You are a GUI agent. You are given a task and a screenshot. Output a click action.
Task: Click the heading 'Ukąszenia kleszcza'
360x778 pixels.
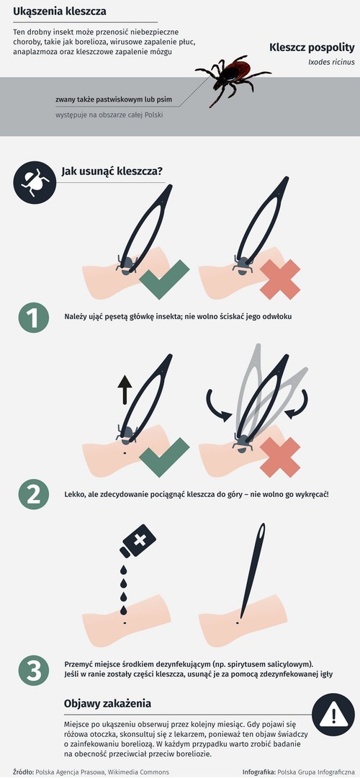point(60,11)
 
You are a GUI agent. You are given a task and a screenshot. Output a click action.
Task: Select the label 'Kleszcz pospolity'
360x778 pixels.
point(312,48)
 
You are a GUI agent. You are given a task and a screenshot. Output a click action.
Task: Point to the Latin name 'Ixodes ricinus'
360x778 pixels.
point(331,62)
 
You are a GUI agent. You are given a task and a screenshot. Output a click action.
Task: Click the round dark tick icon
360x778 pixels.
point(35,182)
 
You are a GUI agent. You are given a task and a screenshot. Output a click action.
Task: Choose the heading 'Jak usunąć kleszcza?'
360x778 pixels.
point(112,171)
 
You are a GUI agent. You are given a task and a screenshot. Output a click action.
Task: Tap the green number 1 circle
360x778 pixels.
point(34,318)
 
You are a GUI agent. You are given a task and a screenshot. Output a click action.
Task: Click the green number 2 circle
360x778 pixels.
point(34,494)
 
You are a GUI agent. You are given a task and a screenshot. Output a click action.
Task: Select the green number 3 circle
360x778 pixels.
point(34,671)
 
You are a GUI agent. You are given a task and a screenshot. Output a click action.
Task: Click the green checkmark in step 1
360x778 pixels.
point(164,279)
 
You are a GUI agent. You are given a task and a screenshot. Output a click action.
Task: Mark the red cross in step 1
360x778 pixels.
point(280,280)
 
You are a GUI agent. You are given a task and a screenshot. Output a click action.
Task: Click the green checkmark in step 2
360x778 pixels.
point(164,457)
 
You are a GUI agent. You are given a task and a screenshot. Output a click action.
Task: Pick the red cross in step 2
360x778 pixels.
point(280,457)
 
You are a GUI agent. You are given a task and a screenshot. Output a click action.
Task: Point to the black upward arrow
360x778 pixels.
point(125,390)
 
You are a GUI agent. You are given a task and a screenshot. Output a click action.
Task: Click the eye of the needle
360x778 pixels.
point(261,533)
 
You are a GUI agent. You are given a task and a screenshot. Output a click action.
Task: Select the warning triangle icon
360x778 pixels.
point(333,715)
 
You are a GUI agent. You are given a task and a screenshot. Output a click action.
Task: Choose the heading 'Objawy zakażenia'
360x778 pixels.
point(107,704)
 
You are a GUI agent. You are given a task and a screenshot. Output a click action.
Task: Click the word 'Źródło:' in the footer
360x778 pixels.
point(23,772)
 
